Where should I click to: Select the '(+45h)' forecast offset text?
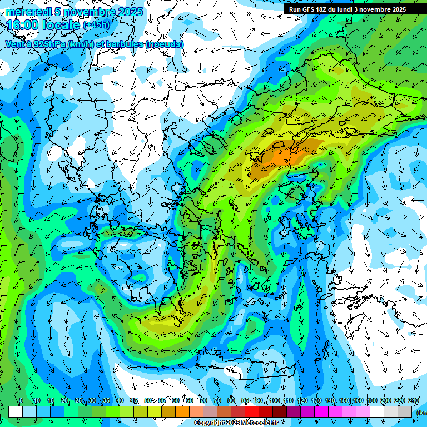coord(97,25)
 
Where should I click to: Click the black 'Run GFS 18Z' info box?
coord(347,9)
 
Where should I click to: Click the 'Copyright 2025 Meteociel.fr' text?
coord(236,423)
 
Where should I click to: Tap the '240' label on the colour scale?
coord(413,400)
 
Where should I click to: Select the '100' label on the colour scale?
coord(274,400)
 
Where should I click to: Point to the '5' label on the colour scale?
coord(21,400)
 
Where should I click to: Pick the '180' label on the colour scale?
coord(371,400)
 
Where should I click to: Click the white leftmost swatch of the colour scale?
coord(16,411)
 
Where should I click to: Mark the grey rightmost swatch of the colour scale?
coord(405,411)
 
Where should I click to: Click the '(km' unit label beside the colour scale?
coord(421,412)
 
